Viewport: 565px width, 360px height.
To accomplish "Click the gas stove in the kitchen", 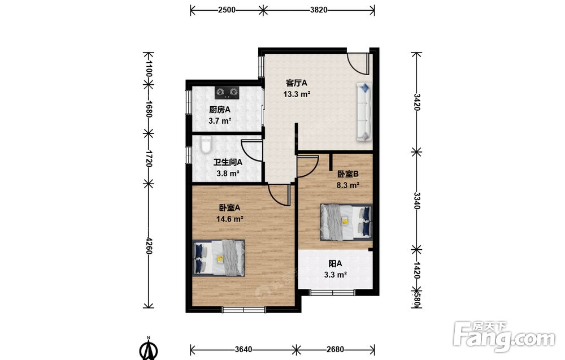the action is [227, 93].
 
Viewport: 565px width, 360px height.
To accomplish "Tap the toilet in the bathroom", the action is [206, 144].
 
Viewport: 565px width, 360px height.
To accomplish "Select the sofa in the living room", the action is [364, 112].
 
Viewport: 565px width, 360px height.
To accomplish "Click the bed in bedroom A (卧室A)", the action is [219, 258].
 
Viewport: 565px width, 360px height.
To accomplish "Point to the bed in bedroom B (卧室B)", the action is [346, 222].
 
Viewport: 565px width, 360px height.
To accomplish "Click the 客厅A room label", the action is [297, 83].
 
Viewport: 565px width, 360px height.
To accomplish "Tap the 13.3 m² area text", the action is [297, 94].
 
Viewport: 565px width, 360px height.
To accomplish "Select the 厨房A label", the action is [220, 110].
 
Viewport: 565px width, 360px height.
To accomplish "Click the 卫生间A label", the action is [228, 162].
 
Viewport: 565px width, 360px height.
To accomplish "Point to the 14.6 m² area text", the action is [229, 219].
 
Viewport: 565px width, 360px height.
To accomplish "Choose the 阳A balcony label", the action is [335, 264].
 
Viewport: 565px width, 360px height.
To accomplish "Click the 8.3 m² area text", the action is [347, 185].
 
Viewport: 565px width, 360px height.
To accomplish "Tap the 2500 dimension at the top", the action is [227, 10].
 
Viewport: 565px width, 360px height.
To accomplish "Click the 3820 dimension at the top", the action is [319, 10].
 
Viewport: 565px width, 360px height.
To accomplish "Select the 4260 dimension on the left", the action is [149, 245].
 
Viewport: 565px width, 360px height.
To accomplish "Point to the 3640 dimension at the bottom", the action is [244, 349].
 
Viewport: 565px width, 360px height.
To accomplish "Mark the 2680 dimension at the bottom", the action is [335, 349].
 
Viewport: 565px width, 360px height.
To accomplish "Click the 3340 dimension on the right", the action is [416, 201].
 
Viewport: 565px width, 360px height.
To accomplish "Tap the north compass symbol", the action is [148, 349].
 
